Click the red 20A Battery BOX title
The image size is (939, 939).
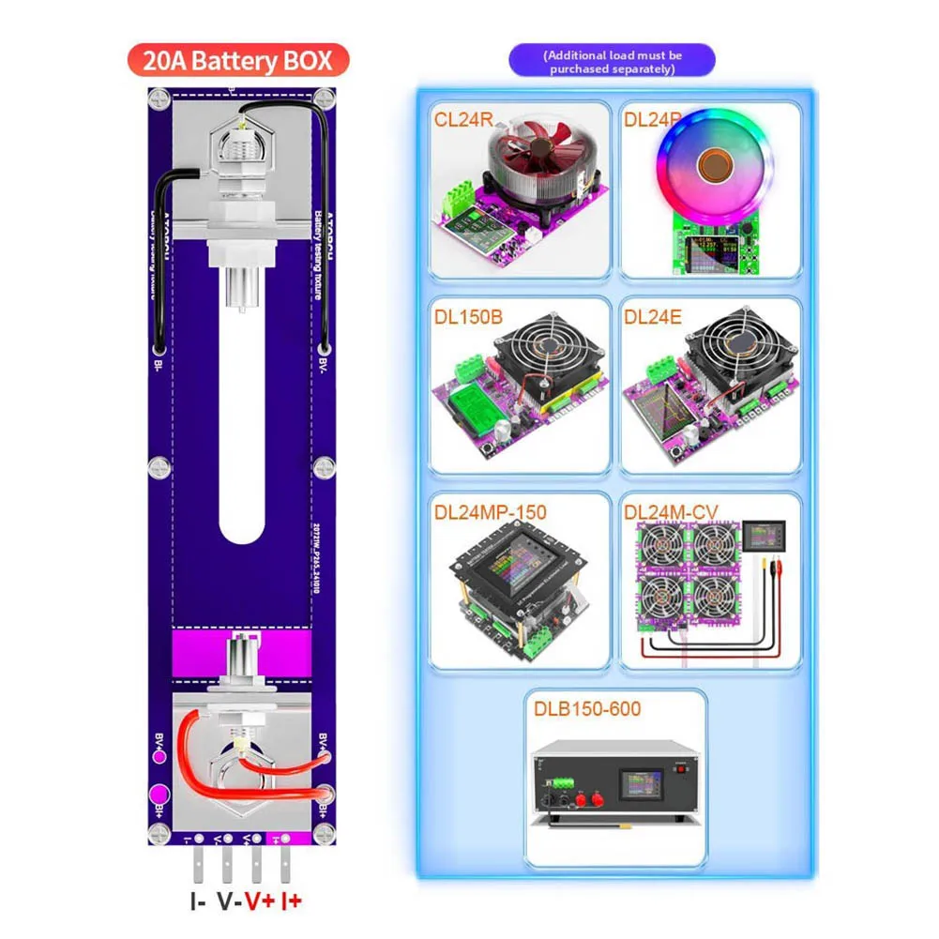coord(238,62)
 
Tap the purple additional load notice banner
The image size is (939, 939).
coord(612,62)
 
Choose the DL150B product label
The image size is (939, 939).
coord(468,317)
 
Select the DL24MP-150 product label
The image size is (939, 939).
coord(490,513)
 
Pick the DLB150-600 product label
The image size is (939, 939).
coord(587,708)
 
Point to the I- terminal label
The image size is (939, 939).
coord(198,902)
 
